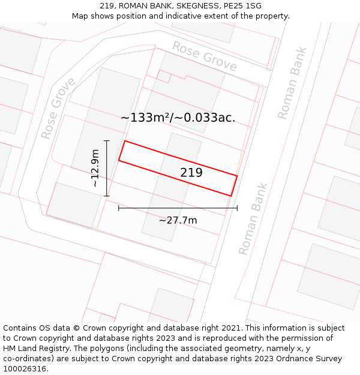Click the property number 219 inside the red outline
(191, 173)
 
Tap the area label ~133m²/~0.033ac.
(178, 118)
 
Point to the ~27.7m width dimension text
(178, 220)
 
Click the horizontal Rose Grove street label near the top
(205, 56)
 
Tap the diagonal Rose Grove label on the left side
(58, 108)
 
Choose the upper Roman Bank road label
(292, 83)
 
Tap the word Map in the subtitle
(80, 16)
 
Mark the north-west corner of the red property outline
(125, 141)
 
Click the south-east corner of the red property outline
(231, 196)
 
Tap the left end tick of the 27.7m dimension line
(119, 208)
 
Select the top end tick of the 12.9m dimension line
(107, 141)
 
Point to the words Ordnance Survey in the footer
(313, 359)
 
